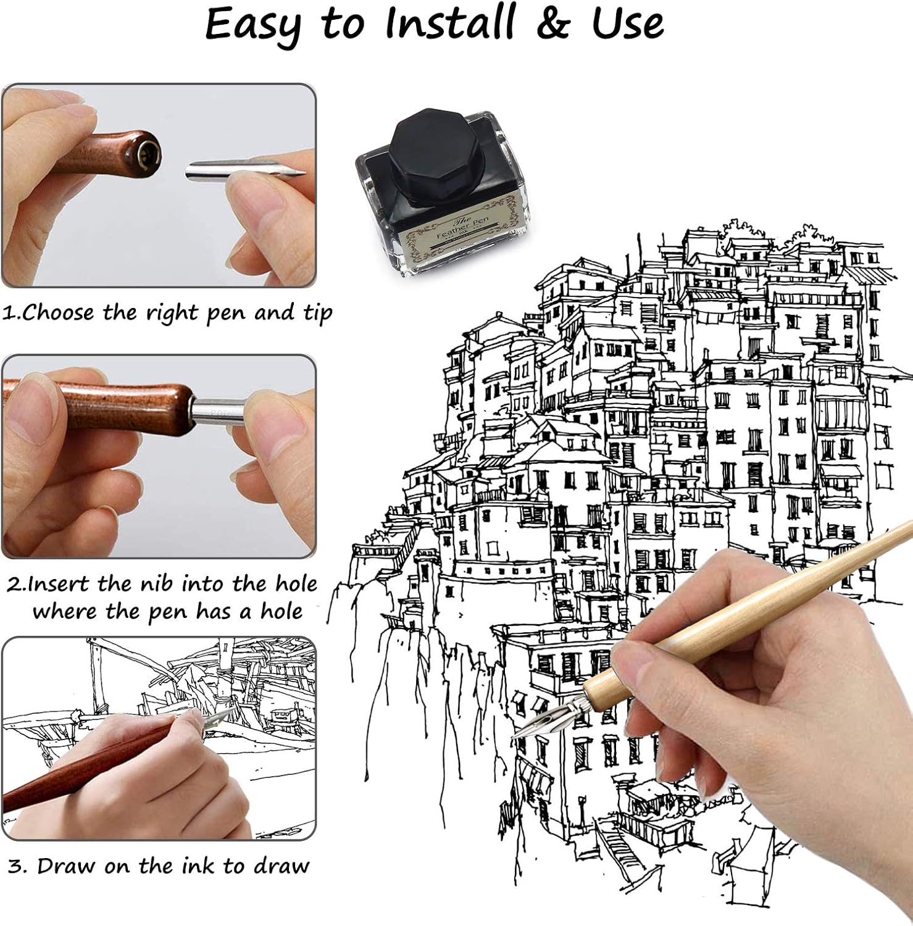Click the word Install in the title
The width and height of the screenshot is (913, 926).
(x=450, y=23)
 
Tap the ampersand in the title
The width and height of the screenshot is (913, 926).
(x=553, y=23)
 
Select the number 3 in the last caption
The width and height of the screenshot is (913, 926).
(x=17, y=866)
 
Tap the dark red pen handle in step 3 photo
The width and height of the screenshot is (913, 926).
(x=86, y=765)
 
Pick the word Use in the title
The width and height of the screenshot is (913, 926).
(x=627, y=23)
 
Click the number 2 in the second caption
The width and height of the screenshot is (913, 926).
(x=14, y=584)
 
